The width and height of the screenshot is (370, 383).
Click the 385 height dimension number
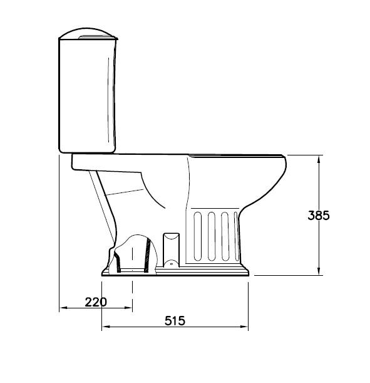[x=319, y=215]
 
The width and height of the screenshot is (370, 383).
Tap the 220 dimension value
[x=96, y=302]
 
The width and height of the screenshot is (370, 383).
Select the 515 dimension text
[x=175, y=320]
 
